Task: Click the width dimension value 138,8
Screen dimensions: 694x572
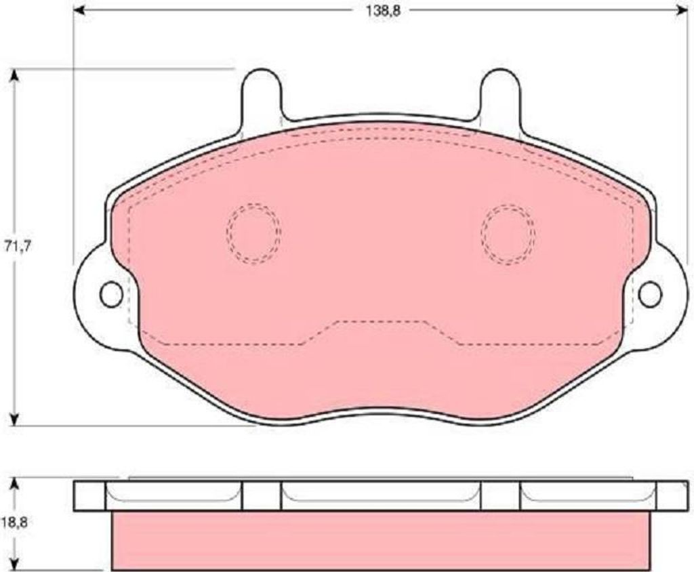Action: point(383,11)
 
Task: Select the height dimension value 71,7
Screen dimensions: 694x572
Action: point(17,246)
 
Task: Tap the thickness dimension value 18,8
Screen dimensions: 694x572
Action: point(14,523)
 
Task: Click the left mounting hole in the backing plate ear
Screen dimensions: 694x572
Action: point(111,294)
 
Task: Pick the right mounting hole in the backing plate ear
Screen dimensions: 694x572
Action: point(651,294)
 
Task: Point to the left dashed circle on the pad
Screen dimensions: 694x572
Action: point(253,233)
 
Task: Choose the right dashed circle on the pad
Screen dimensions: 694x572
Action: point(508,234)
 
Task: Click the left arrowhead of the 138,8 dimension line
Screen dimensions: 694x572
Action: point(79,11)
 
